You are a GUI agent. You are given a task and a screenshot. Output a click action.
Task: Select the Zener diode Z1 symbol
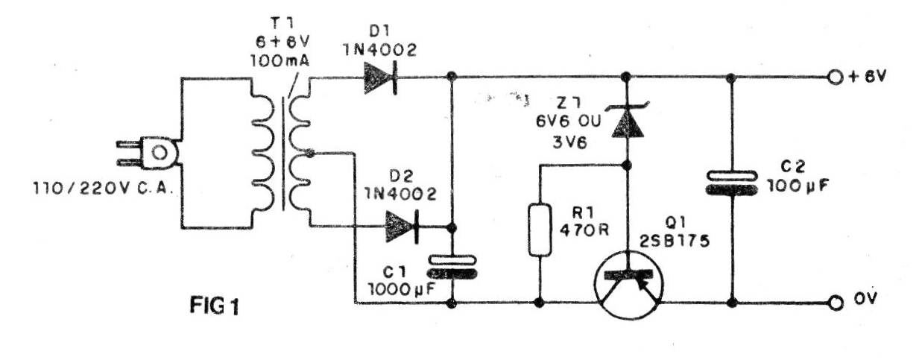[x=628, y=120]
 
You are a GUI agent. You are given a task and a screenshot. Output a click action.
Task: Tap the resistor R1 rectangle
[x=540, y=230]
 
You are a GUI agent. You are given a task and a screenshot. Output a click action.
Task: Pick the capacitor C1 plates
[x=452, y=267]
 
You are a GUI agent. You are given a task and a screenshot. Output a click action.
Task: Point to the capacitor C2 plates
[x=731, y=183]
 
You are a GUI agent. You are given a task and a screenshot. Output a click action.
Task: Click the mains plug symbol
[x=148, y=153]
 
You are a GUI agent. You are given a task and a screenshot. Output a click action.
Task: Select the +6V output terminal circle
[x=835, y=78]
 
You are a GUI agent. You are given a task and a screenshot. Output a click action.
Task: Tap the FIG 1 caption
[x=214, y=306]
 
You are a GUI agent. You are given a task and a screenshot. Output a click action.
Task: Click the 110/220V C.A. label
[x=102, y=189]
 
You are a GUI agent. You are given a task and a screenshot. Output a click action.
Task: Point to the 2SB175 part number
[x=675, y=241]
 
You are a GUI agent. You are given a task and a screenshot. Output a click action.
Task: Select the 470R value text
[x=584, y=230]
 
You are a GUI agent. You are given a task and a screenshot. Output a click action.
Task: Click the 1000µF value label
[x=401, y=289]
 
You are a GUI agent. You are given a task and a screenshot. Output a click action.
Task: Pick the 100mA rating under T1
[x=280, y=61]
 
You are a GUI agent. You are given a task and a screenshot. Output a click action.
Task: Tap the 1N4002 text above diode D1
[x=380, y=50]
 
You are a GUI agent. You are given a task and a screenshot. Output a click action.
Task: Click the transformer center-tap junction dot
[x=311, y=154]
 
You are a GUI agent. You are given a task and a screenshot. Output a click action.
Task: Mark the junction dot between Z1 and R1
[x=626, y=165]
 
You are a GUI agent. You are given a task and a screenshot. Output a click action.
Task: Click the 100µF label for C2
[x=798, y=186]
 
